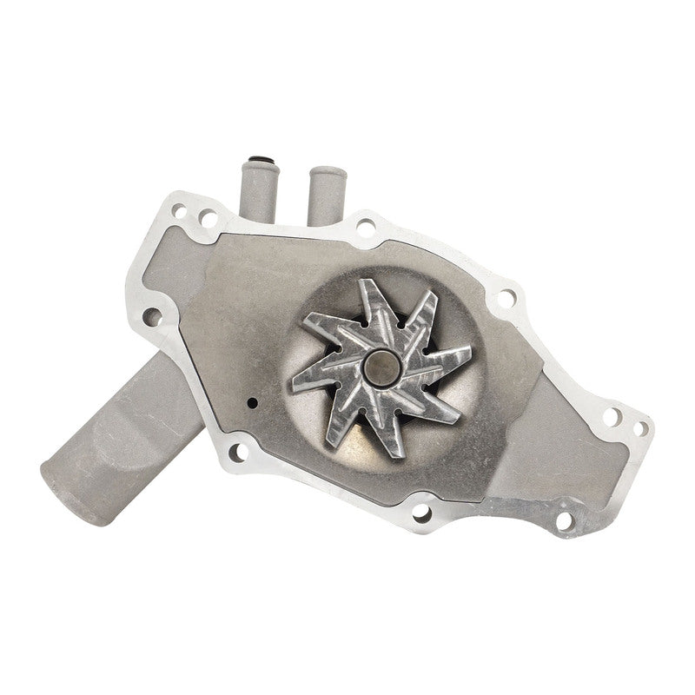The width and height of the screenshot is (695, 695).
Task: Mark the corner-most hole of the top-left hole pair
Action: tap(180, 209)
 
